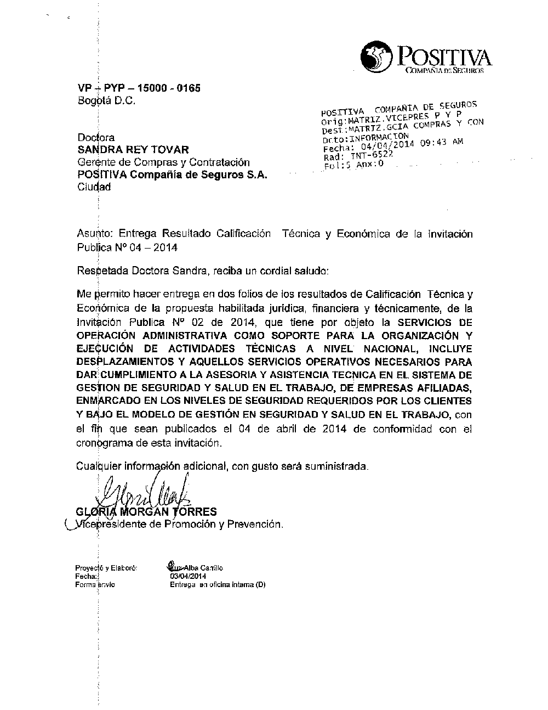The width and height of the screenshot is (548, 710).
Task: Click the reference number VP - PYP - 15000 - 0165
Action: point(139,88)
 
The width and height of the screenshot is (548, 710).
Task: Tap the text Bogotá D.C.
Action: point(106,102)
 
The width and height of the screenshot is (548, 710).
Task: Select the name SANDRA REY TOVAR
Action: point(133,149)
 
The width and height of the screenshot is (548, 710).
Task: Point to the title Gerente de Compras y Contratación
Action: point(163,162)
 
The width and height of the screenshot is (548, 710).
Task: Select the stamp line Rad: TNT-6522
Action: point(358,156)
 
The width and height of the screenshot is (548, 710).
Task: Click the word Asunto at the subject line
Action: point(94,234)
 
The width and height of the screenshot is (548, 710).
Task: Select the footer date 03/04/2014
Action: point(188,577)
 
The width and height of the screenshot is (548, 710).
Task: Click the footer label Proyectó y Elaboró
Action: point(106,568)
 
